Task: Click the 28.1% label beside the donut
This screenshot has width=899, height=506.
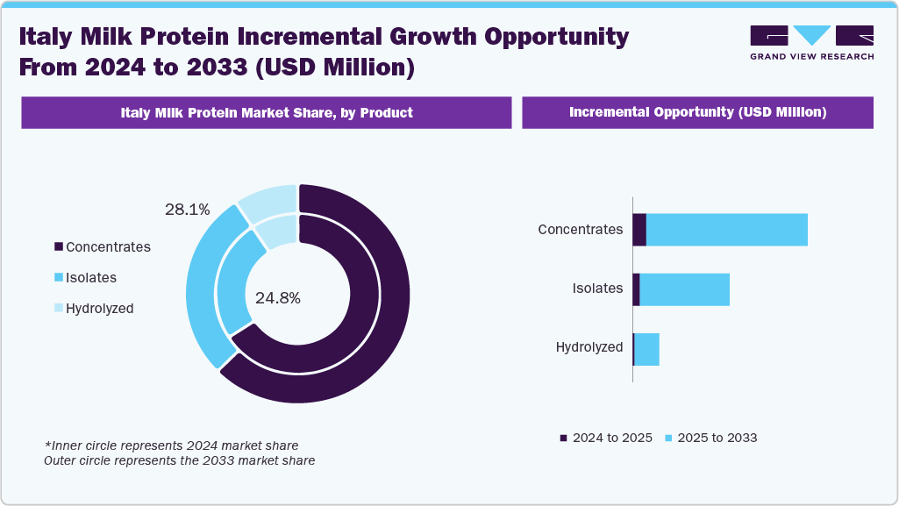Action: [x=187, y=210]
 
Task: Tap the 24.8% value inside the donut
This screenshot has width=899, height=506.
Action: [x=277, y=298]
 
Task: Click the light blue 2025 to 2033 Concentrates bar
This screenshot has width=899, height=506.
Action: [x=726, y=230]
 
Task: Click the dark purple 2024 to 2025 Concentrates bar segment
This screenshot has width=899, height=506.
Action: [x=639, y=230]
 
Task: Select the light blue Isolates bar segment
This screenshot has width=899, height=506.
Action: [x=684, y=289]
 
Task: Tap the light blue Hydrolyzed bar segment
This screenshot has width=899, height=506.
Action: [x=646, y=348]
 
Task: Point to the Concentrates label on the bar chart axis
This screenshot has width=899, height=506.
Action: [x=580, y=230]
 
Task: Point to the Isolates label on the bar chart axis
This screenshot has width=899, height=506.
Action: [x=597, y=289]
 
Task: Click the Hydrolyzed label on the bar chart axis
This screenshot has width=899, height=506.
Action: [x=589, y=347]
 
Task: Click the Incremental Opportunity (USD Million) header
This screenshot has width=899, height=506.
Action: [x=697, y=113]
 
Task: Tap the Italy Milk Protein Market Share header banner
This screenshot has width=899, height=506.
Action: [x=266, y=113]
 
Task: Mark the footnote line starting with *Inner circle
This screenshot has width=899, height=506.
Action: [x=171, y=445]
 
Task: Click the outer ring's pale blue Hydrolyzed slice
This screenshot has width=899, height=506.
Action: [x=268, y=202]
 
